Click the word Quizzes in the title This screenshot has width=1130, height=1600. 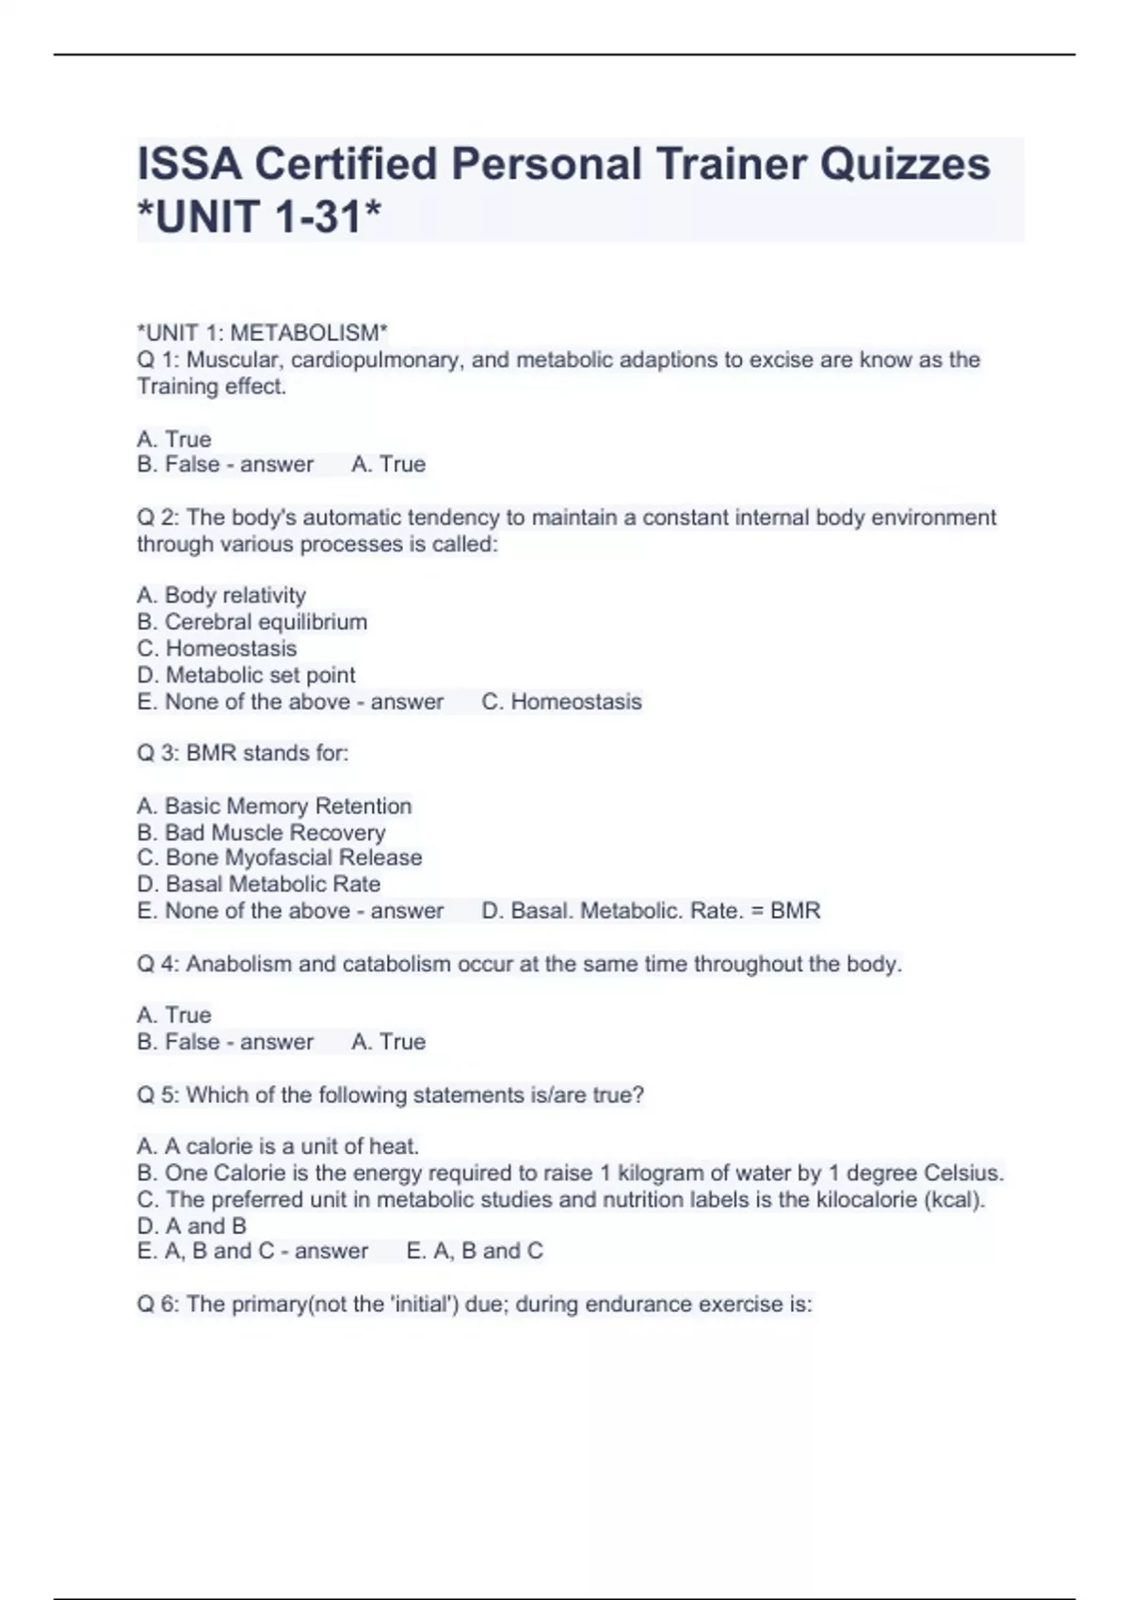(904, 165)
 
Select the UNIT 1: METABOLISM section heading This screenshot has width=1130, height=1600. (262, 333)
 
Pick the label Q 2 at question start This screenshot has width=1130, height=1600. (157, 518)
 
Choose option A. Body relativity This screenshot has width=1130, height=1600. (221, 596)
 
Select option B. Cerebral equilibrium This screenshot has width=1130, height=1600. (251, 622)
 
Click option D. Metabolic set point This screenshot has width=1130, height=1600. (246, 675)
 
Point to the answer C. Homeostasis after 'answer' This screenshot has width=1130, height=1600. (561, 701)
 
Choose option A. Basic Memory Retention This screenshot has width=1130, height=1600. (274, 806)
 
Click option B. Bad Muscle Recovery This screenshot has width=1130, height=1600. (261, 832)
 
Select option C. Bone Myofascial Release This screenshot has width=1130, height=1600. (279, 857)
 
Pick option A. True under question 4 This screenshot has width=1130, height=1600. (174, 1015)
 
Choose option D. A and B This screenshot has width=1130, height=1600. (191, 1225)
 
